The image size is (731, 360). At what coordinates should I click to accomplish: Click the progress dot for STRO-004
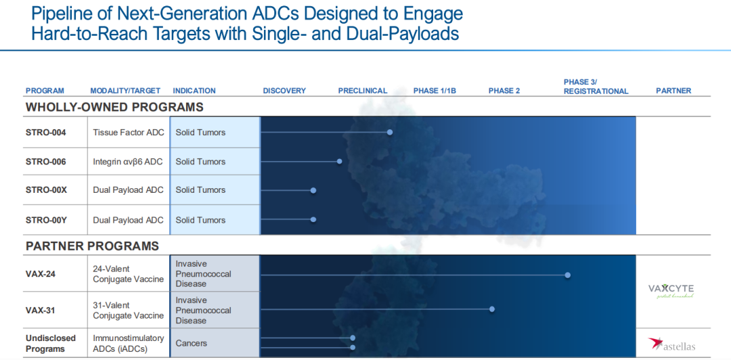coord(390,133)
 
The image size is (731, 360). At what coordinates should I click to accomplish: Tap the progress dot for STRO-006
coord(339,161)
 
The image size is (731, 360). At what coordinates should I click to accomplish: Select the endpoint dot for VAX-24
coord(567,275)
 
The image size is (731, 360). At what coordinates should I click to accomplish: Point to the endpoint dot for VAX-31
coord(492,309)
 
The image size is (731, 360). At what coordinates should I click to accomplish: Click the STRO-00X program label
coord(46,190)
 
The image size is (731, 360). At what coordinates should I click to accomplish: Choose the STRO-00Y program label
coord(46,220)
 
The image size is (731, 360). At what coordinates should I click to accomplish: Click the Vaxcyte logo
coord(671,291)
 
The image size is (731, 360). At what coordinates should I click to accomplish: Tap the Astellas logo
coord(671,344)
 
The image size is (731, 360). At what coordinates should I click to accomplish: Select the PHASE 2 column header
coord(504,91)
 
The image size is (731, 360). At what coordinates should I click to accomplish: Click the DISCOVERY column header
coord(284,91)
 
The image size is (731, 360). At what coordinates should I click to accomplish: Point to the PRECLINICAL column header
coord(363,91)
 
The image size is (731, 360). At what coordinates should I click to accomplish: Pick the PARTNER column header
coord(673,91)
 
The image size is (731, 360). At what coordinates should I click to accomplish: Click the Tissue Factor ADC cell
coord(129,133)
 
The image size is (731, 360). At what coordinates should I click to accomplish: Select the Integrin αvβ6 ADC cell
coord(128,162)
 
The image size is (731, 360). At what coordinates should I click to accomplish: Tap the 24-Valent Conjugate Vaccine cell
coord(128,274)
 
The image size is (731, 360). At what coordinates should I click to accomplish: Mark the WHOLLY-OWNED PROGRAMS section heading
coord(114,107)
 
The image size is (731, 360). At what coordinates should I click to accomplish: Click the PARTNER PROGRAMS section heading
coord(92,246)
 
